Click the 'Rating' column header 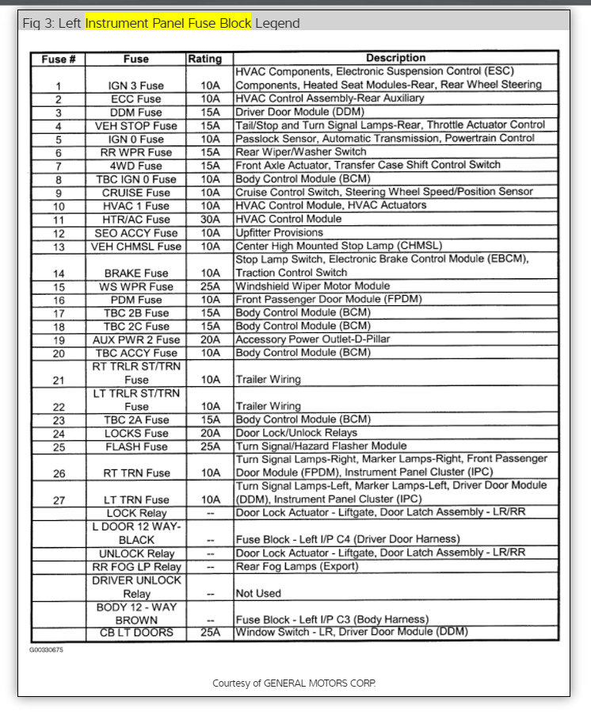coord(204,59)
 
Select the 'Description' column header coord(395,58)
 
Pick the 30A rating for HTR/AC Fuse coord(210,220)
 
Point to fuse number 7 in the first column coord(59,166)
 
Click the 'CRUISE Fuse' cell coord(136,193)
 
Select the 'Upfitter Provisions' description coord(280,233)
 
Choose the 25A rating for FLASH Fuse coord(210,446)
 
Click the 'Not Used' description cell coord(258,593)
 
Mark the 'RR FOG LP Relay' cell coord(136,567)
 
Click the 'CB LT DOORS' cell coord(136,633)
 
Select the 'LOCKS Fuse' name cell coord(136,434)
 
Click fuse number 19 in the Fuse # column coord(59,339)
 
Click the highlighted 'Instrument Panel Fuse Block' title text coord(168,23)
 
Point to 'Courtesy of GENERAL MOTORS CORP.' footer coord(294,683)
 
